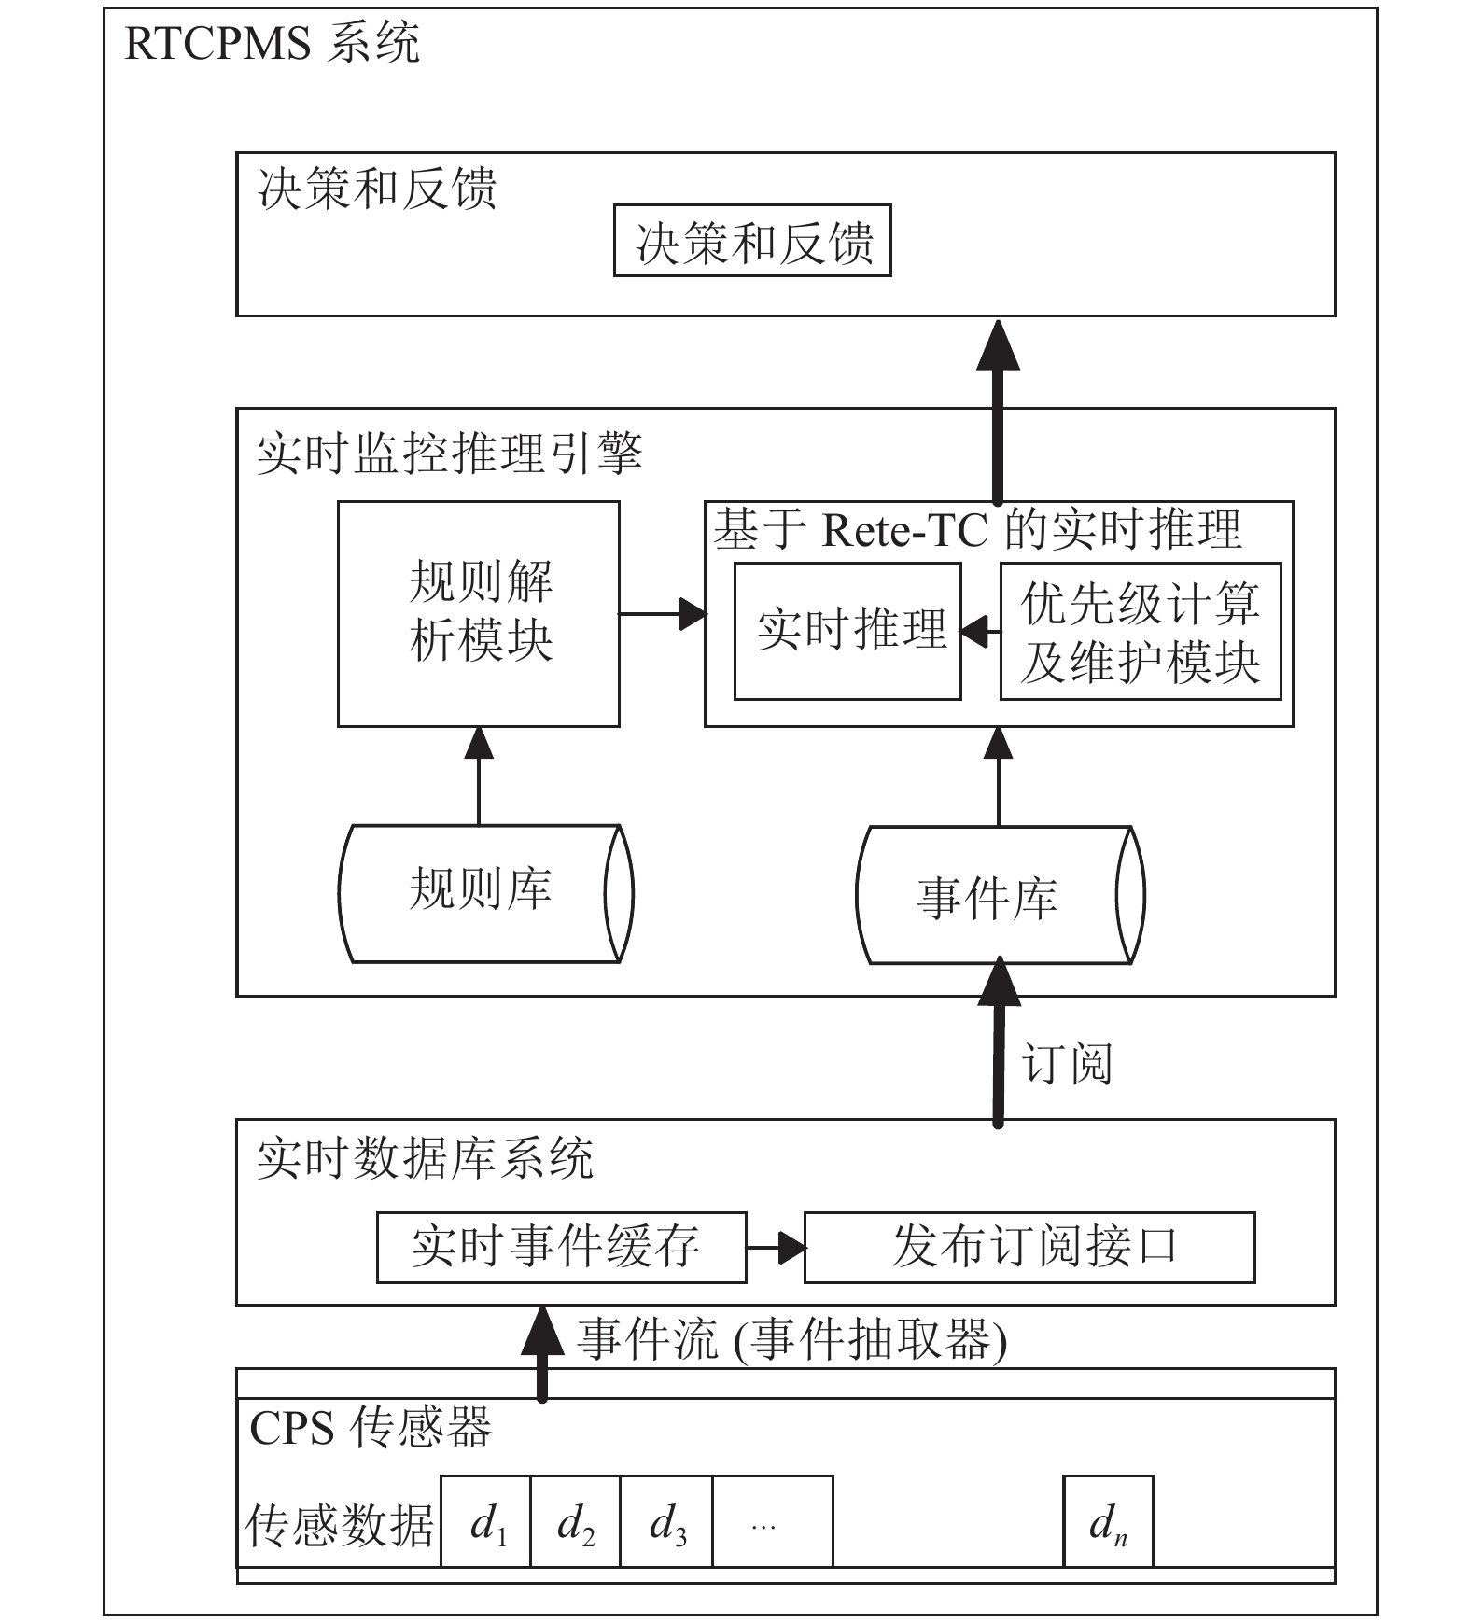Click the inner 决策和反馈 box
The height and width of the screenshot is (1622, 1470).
752,241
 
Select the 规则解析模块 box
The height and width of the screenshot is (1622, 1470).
479,614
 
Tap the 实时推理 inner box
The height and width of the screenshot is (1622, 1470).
847,631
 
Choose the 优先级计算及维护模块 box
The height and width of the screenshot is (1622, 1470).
1141,631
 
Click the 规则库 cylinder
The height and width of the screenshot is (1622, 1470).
485,893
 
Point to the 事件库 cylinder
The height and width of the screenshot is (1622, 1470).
1000,895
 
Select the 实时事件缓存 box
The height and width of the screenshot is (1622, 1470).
562,1247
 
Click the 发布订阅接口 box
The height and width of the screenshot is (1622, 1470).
1029,1247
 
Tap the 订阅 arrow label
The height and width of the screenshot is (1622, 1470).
1066,1064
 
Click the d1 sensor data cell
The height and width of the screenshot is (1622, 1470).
485,1521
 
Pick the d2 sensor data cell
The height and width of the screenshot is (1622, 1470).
576,1521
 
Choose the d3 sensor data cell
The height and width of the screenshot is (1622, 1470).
666,1521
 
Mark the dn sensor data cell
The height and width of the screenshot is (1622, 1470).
1109,1521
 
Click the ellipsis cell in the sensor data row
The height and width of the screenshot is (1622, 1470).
773,1521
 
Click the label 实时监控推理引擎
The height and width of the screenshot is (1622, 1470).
450,454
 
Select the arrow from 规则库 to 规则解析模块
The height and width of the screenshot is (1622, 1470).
479,776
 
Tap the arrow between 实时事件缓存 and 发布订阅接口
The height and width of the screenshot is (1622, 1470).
777,1247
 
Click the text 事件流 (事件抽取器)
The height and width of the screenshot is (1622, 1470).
792,1340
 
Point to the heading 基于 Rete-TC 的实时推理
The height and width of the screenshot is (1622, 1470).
977,530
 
